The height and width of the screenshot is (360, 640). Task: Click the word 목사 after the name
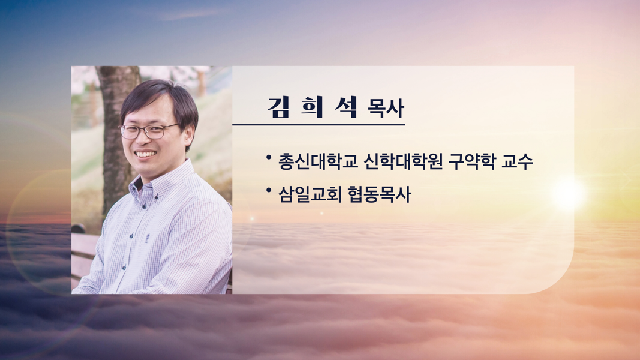coord(386,109)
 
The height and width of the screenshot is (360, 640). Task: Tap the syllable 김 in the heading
coord(279,107)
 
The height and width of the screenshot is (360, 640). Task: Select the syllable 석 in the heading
coord(346,107)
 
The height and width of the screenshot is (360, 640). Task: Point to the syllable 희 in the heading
coord(313,107)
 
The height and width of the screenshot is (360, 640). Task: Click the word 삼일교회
coord(310,194)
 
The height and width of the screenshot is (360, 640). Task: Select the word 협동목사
coord(379,194)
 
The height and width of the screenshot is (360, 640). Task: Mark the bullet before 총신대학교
coord(269,157)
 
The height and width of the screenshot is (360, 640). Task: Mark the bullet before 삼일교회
coord(269,190)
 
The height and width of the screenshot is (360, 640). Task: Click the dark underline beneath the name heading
coord(319,124)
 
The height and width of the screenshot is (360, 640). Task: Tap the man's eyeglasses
coord(149,131)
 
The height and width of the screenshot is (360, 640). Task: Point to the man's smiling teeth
coord(146,154)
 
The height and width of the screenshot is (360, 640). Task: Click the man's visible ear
coord(190,135)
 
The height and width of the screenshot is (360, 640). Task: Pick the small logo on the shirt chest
coord(147,237)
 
